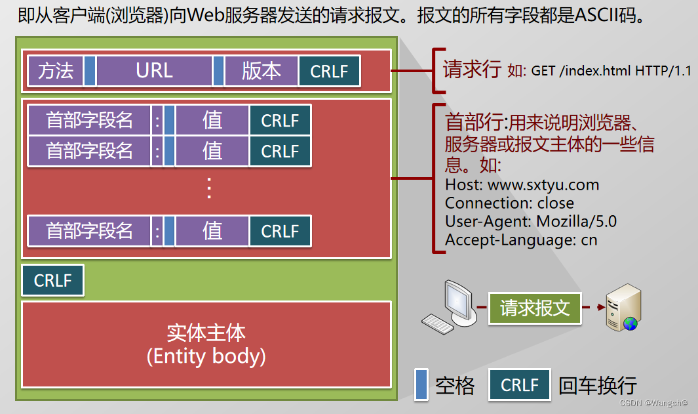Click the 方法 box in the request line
pos(55,71)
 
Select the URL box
pos(154,71)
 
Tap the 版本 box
pos(261,71)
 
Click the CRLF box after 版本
pos(329,71)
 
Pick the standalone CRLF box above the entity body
pos(52,281)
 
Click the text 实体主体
pos(206,333)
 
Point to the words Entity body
pos(206,356)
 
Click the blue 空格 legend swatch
pos(421,384)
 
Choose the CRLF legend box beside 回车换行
pos(520,384)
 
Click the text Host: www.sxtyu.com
pos(522,185)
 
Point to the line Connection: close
pos(509,203)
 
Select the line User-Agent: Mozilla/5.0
pos(531,222)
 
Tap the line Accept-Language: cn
pos(521,240)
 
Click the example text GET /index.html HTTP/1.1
pos(611,71)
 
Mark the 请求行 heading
pos(472,70)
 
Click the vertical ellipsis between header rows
pos(209,188)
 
